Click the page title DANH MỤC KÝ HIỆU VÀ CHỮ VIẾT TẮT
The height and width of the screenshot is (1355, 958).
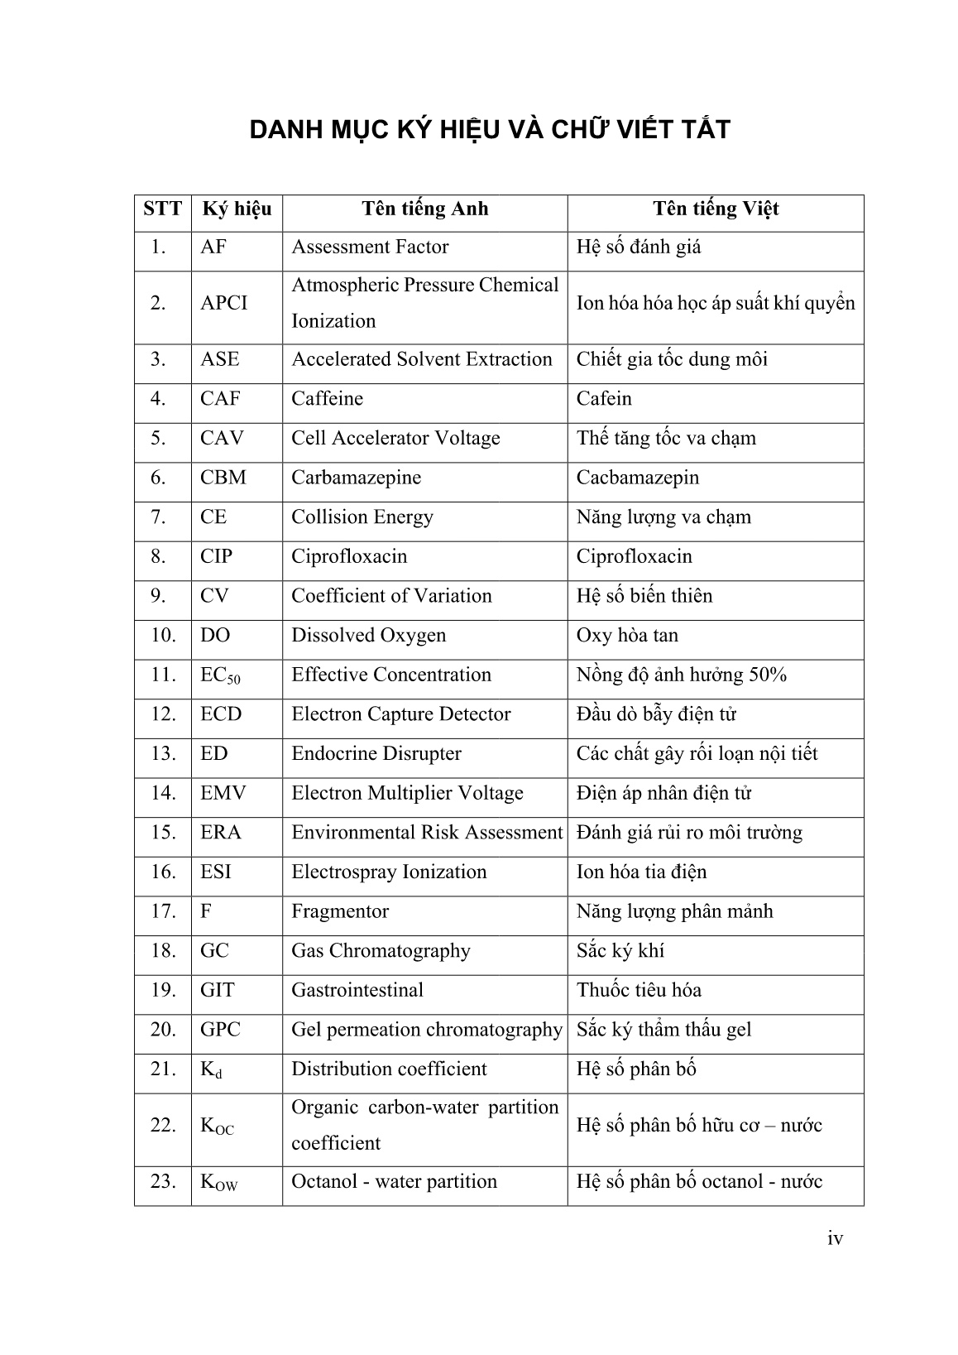pos(490,130)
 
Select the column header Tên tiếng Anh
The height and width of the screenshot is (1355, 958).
pos(424,209)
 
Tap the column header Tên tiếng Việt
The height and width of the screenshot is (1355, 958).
pos(716,209)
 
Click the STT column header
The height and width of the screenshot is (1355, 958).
pos(162,209)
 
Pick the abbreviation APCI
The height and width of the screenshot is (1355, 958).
pos(223,303)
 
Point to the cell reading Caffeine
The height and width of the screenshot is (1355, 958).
pos(327,399)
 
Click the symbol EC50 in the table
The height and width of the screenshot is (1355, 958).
pos(220,675)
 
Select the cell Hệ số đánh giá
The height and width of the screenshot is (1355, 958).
pos(638,247)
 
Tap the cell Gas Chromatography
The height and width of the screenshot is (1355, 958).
pos(381,951)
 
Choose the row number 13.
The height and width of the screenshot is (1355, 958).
pos(164,754)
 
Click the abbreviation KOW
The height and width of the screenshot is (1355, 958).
pos(218,1182)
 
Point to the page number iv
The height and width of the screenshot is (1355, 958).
pos(835,1238)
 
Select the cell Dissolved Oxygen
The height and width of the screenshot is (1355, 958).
pos(368,636)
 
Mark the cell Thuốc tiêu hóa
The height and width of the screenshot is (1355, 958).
pos(639,991)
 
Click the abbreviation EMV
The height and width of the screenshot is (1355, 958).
pos(223,794)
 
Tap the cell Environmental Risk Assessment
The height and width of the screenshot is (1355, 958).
pos(426,833)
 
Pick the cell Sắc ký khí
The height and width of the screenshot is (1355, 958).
pos(620,951)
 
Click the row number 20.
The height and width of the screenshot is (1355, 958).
pos(164,1030)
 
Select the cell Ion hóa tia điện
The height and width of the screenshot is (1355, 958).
pos(641,872)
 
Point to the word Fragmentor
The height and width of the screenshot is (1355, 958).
pos(340,912)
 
